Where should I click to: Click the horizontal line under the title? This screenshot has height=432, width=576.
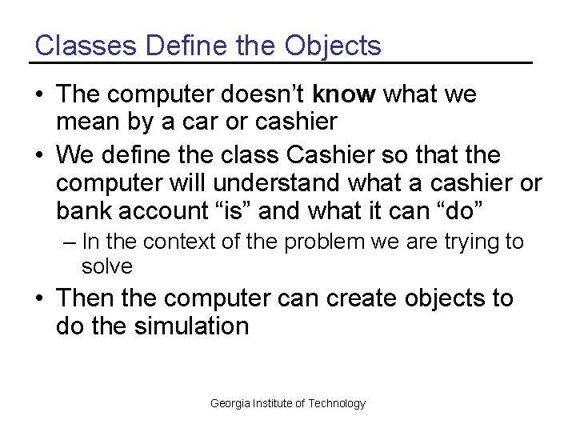tap(281, 62)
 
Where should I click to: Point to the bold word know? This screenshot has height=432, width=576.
tap(344, 94)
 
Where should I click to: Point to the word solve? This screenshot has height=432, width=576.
tap(106, 266)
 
